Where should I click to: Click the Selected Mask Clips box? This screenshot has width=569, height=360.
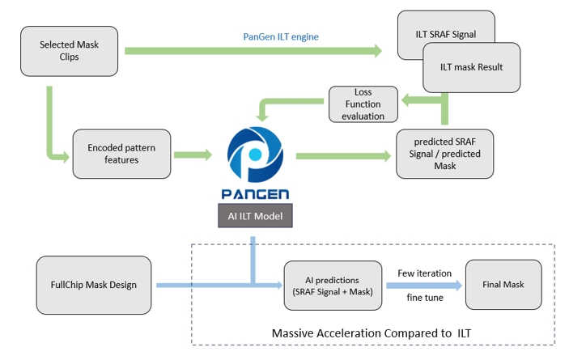[x=69, y=51]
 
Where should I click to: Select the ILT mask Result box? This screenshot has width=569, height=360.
[x=471, y=67]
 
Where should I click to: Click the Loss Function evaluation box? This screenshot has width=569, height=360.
[x=363, y=104]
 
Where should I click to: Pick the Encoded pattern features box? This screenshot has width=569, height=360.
[x=121, y=154]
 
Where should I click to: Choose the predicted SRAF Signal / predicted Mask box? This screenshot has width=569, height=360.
[x=444, y=154]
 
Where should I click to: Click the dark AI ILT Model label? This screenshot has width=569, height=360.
[x=255, y=216]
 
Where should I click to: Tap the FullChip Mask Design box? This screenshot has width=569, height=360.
[x=94, y=285]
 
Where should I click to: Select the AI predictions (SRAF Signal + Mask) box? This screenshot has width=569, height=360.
[x=333, y=286]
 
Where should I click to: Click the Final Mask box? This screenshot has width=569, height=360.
[x=503, y=285]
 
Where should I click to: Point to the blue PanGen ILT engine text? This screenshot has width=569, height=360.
[x=281, y=36]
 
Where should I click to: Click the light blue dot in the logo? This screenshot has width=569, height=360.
[x=256, y=154]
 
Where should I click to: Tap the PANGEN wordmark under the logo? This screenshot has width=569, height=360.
[x=255, y=194]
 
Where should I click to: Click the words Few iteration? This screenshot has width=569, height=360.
[x=425, y=273]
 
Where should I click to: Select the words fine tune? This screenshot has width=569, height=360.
[x=425, y=298]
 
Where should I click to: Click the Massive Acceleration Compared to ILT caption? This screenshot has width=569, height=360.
[x=372, y=332]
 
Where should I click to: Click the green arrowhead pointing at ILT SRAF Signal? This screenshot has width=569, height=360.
[x=378, y=51]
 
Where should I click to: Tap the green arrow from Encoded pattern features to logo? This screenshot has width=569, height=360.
[x=193, y=155]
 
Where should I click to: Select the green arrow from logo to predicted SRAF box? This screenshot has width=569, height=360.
[x=344, y=156]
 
